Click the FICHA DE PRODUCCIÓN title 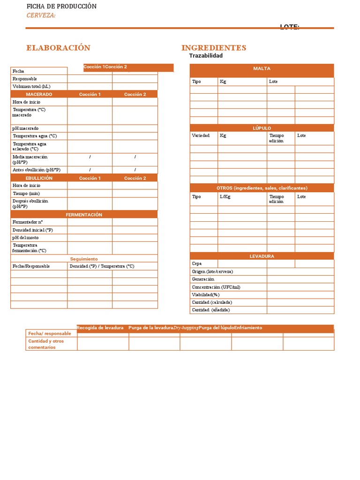click(x=61, y=7)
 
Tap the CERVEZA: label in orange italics click(x=41, y=15)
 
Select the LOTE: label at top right click(x=290, y=27)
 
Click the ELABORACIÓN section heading click(x=58, y=48)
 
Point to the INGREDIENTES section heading click(x=214, y=48)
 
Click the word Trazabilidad click(x=206, y=56)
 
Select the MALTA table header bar click(x=262, y=69)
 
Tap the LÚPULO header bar click(x=262, y=128)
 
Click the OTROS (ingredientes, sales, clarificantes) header click(x=262, y=188)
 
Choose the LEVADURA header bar click(x=262, y=256)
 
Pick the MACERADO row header click(x=39, y=94)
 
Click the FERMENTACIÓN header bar click(x=84, y=215)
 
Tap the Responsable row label click(x=25, y=79)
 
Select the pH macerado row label click(x=26, y=128)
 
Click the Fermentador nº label click(x=28, y=222)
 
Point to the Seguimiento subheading click(x=84, y=259)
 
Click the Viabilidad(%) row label click(x=206, y=295)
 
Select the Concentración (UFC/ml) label click(x=216, y=287)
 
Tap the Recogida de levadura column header click(x=100, y=328)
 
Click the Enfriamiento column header click(x=248, y=328)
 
